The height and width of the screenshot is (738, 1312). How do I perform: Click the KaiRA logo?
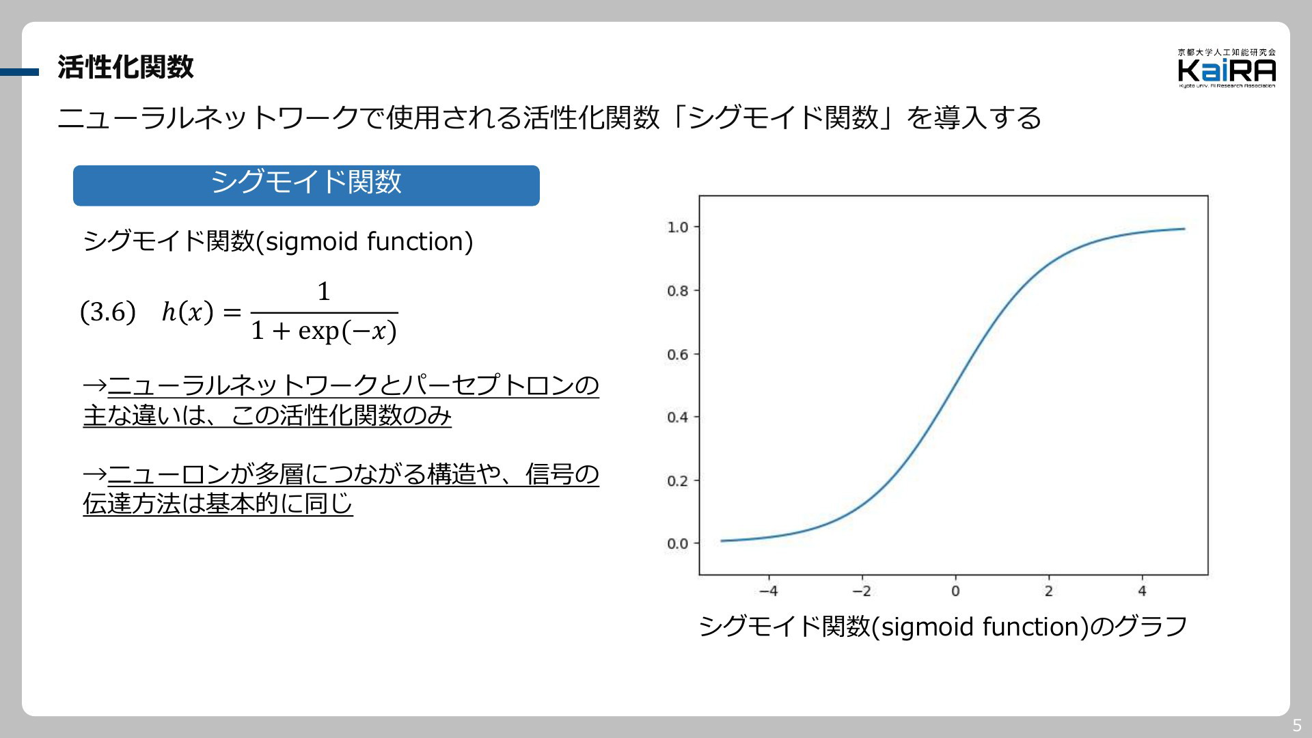tap(1227, 68)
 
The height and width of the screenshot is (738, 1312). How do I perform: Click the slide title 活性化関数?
tap(126, 67)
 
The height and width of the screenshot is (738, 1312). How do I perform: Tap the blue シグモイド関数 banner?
tap(306, 185)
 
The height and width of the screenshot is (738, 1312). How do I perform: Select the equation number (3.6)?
tap(108, 312)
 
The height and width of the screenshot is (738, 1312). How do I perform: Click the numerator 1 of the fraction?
tap(324, 292)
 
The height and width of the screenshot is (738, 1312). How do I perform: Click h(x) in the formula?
tap(188, 312)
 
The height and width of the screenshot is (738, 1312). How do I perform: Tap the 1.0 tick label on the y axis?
tap(678, 227)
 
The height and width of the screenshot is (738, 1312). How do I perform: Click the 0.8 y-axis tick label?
tap(678, 291)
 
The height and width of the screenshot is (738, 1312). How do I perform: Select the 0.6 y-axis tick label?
tap(678, 355)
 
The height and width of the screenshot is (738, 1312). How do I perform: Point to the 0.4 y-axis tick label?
tap(678, 418)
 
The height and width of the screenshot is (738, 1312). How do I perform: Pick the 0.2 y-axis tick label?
tap(678, 481)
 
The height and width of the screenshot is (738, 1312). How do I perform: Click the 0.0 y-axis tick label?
tap(678, 544)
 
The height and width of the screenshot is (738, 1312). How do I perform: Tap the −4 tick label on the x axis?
tap(769, 591)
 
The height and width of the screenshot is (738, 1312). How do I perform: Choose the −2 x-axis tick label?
tap(862, 591)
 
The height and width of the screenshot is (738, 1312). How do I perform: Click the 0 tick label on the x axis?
tap(955, 591)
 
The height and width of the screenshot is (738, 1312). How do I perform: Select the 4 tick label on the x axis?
tap(1142, 591)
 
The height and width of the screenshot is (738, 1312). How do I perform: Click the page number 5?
tap(1297, 726)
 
